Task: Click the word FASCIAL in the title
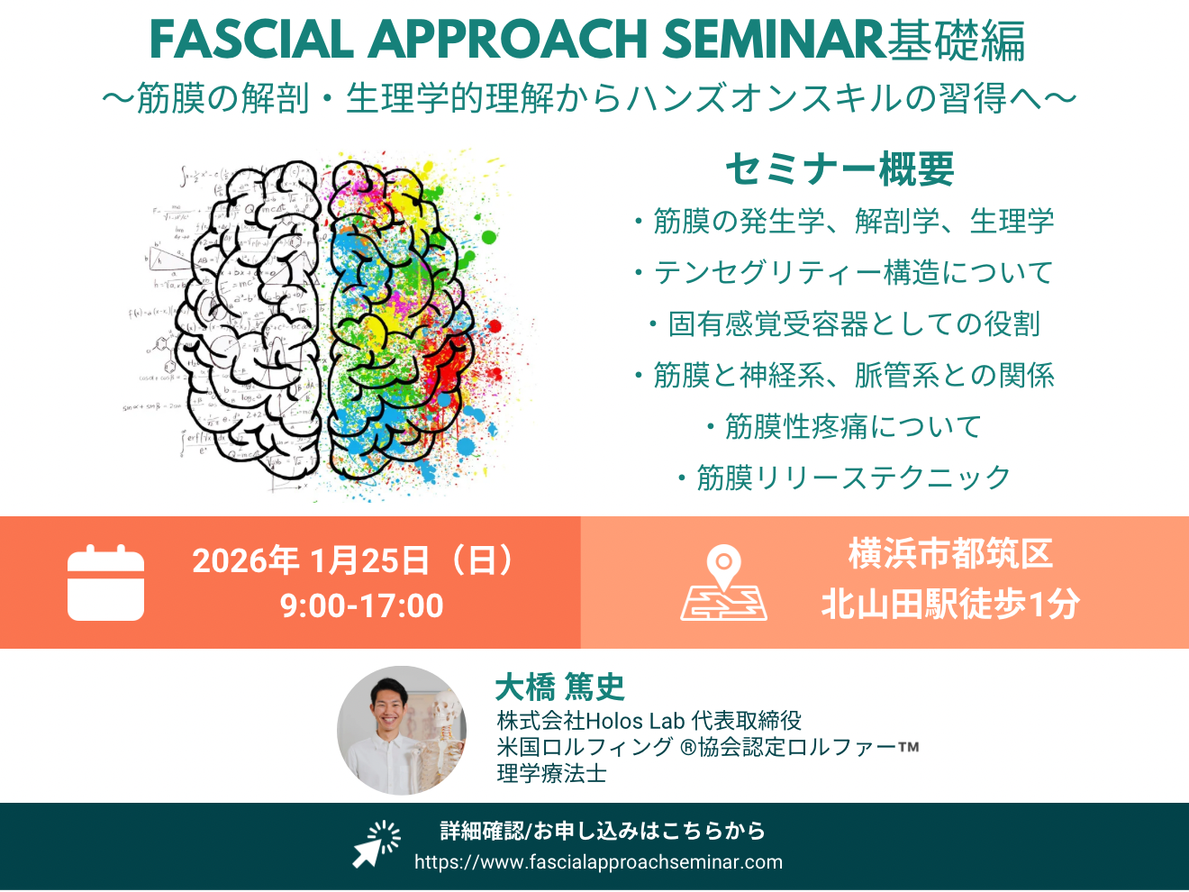pos(252,40)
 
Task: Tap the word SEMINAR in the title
pos(775,40)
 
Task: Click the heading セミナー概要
pos(840,169)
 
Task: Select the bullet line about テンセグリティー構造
pos(844,272)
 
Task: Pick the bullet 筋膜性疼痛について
pos(845,426)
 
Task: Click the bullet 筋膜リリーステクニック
pos(844,478)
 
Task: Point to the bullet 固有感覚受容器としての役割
pos(844,323)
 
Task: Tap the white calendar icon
pos(105,583)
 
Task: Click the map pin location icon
pos(723,583)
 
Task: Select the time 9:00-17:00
pos(362,605)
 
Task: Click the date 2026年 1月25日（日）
pos(354,560)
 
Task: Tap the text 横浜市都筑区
pos(950,554)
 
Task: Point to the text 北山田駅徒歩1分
pos(950,604)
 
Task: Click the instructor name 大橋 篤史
pos(560,687)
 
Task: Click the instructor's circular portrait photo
pos(402,730)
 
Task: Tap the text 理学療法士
pos(551,773)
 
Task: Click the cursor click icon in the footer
pos(377,844)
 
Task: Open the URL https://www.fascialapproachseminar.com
pos(599,861)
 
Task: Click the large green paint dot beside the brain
pos(488,237)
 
